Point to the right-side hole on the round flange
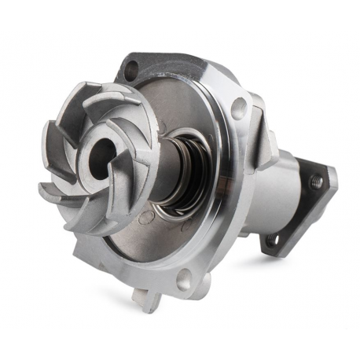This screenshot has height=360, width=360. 238,109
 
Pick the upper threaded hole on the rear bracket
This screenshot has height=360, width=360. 317,182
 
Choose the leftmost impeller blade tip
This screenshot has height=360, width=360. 46,189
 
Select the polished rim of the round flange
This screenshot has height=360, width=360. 228,228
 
